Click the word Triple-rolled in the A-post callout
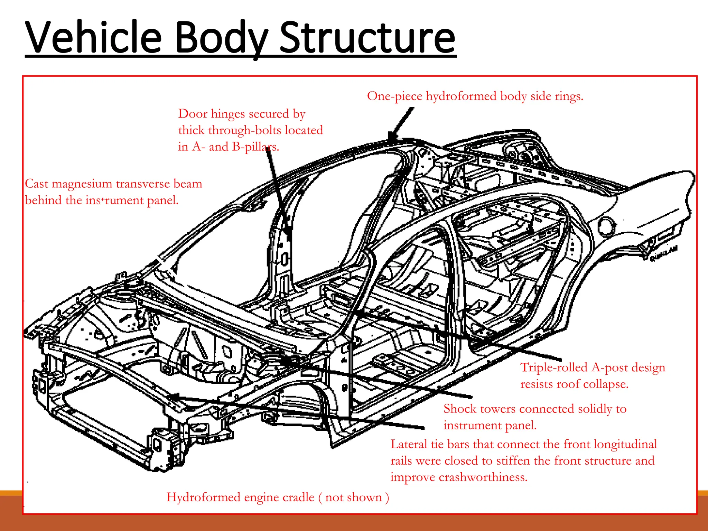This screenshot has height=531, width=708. [x=554, y=367]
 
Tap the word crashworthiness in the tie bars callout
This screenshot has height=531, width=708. [x=483, y=477]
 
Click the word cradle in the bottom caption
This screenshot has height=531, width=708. [x=298, y=497]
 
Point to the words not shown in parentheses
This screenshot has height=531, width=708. [x=353, y=497]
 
